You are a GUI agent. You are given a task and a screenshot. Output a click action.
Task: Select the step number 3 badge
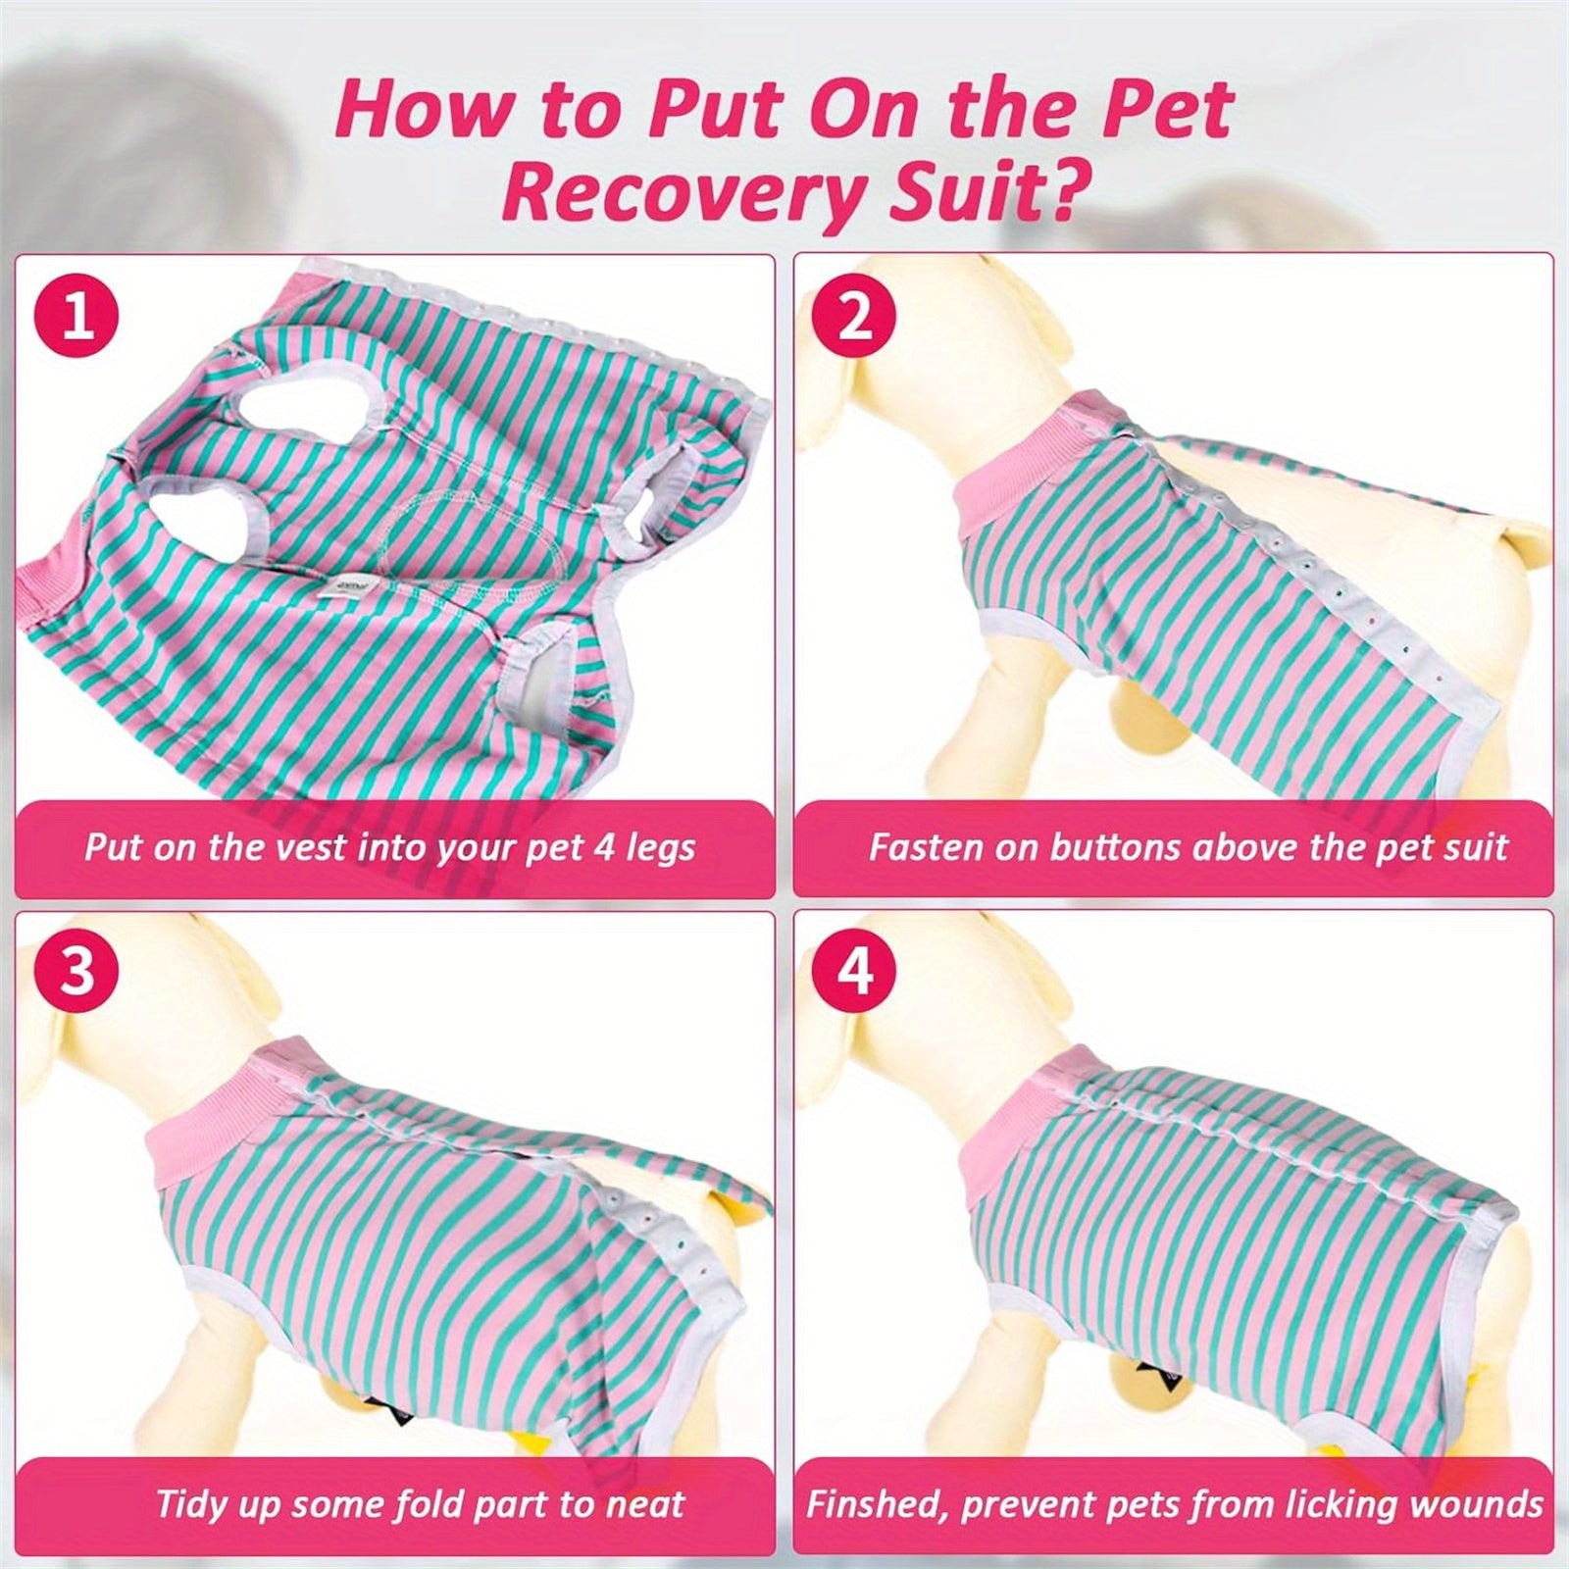tap(76, 970)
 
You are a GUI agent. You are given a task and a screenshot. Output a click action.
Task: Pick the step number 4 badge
tap(855, 970)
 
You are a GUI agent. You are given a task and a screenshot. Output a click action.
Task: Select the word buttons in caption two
tap(1115, 847)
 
